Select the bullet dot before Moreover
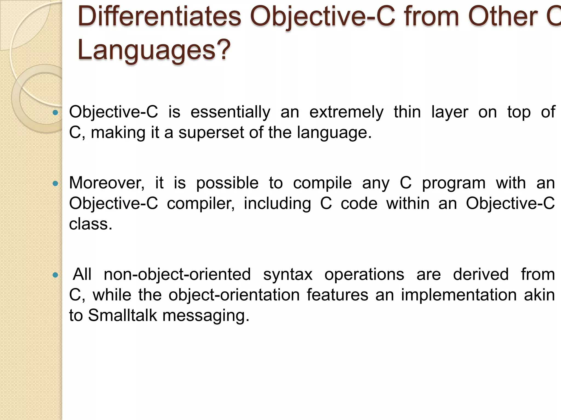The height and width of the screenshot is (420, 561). (x=55, y=183)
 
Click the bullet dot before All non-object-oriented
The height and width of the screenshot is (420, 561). (x=55, y=275)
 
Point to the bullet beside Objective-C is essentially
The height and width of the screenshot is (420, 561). (x=55, y=112)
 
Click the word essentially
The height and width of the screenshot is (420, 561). (x=230, y=112)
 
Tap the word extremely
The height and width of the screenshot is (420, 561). (x=346, y=112)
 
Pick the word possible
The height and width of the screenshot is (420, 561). (x=227, y=183)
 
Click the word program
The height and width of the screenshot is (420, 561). (x=454, y=183)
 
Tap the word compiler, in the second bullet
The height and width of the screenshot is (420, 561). (x=201, y=204)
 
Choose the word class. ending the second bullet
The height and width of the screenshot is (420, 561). (x=91, y=224)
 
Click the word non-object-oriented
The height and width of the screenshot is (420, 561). (x=177, y=274)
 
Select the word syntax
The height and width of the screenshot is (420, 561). (x=288, y=275)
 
